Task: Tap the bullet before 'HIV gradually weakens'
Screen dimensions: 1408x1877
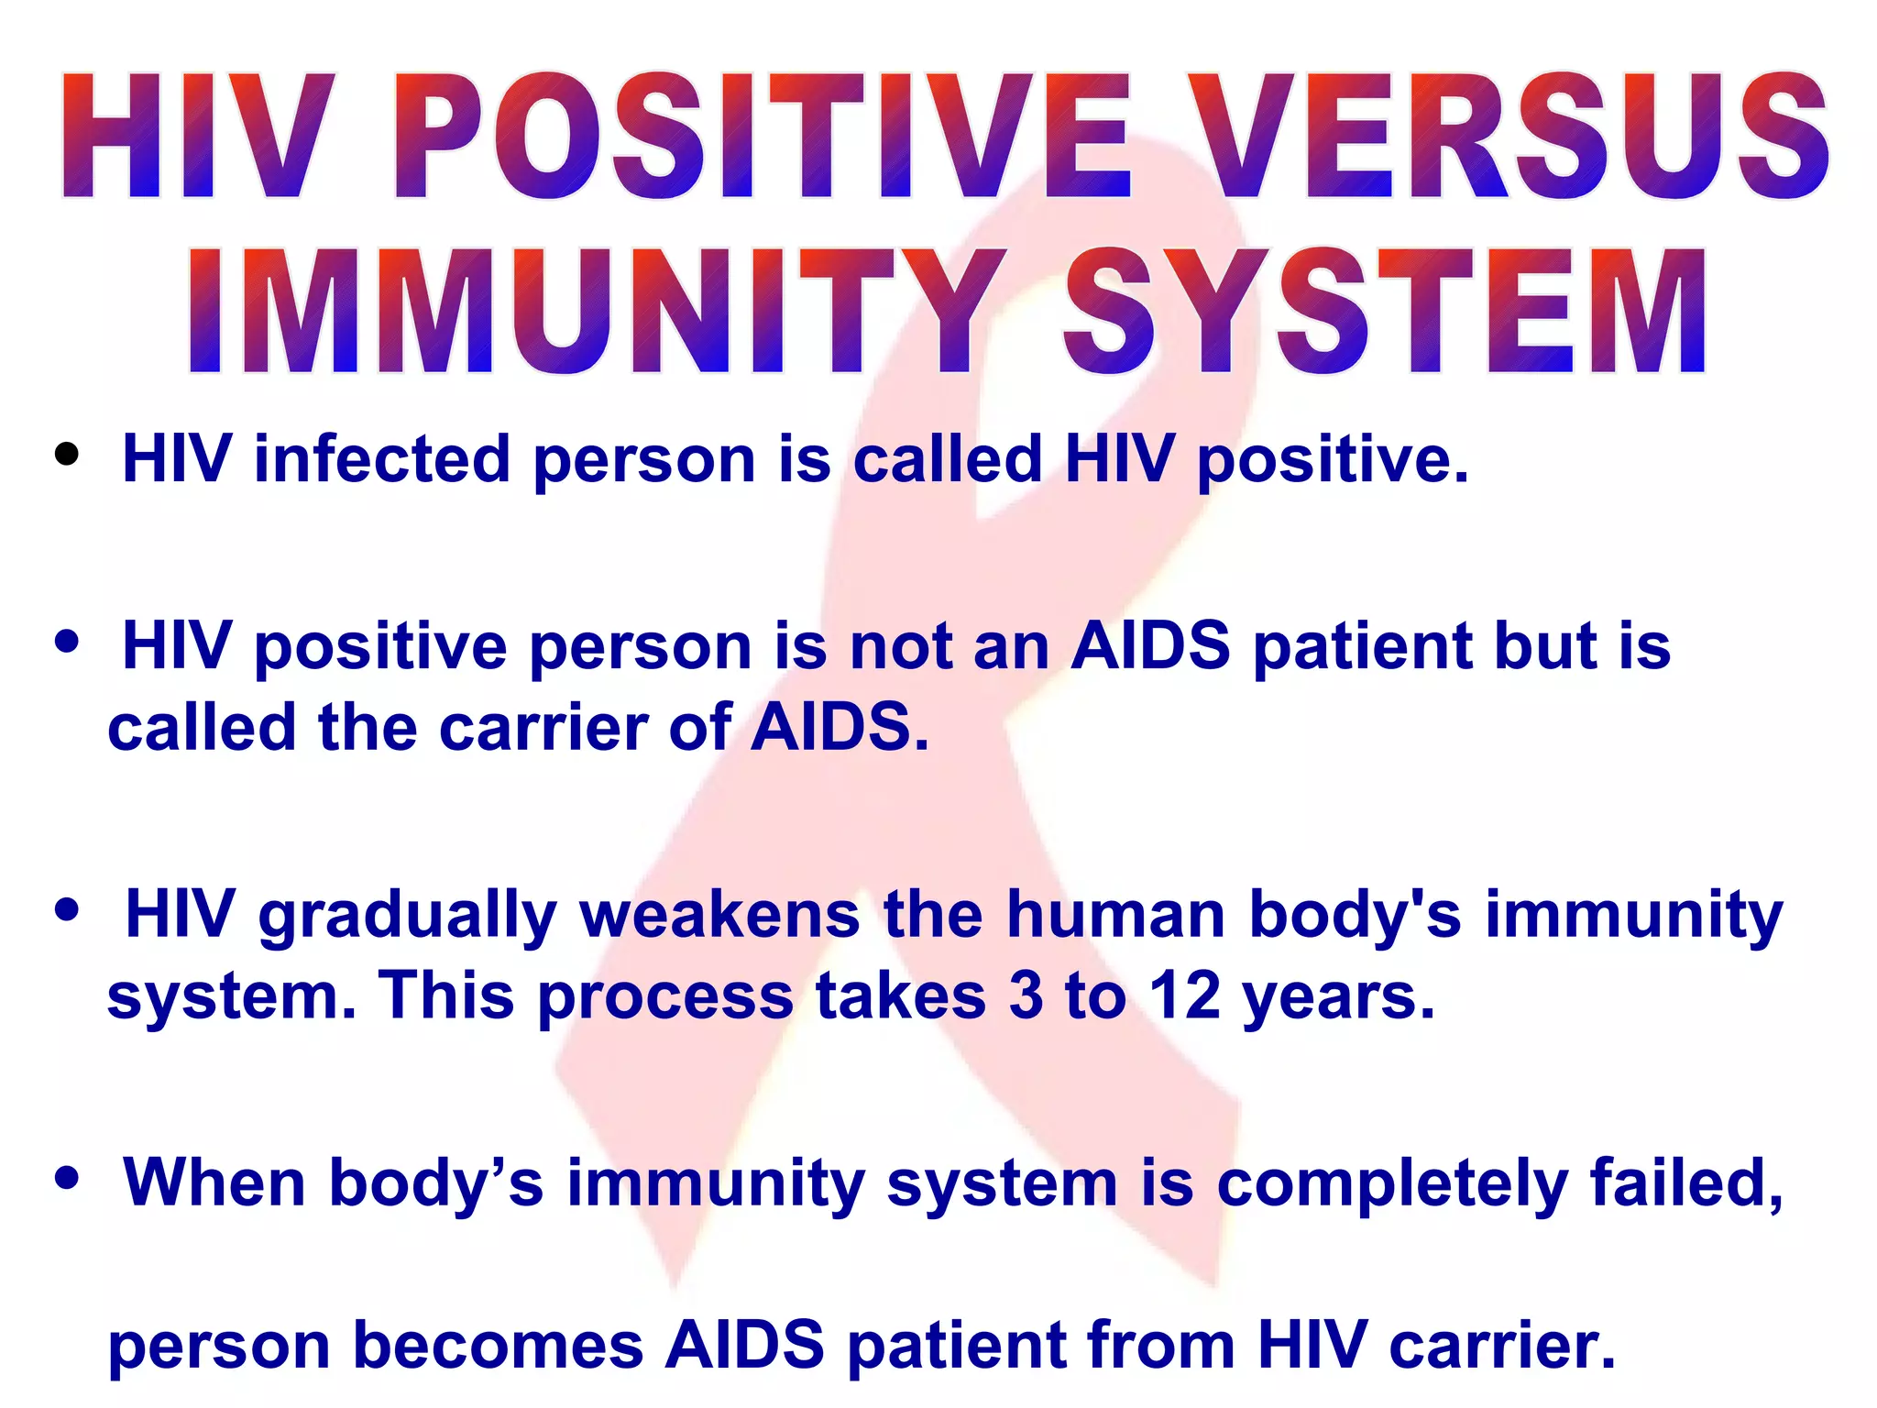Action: [x=67, y=910]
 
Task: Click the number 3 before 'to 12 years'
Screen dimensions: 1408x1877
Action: [x=1026, y=995]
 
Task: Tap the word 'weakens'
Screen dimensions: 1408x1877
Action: [x=719, y=915]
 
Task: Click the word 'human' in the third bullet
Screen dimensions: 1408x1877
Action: [x=1115, y=915]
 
